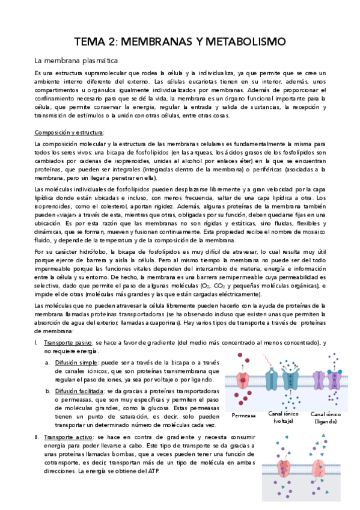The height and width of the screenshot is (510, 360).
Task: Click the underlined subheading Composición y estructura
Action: click(x=69, y=132)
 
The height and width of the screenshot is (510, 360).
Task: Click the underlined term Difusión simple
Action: click(x=78, y=363)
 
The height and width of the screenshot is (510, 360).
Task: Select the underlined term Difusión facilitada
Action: click(x=81, y=391)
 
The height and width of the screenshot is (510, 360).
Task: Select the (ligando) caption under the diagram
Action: click(x=325, y=422)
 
